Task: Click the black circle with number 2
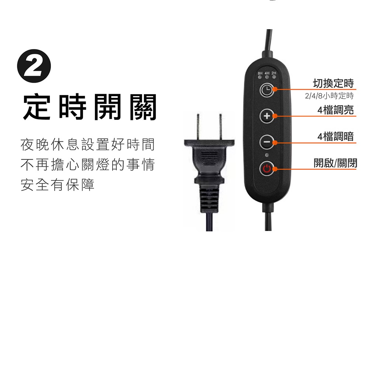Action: click(34, 66)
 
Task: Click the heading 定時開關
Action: click(90, 107)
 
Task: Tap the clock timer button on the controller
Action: click(267, 90)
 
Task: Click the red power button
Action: click(267, 169)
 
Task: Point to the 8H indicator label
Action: click(260, 73)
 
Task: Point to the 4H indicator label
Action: click(267, 73)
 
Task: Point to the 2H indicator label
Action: click(274, 73)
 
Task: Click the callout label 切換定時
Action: click(333, 83)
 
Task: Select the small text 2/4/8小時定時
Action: click(329, 96)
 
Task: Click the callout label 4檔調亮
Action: click(335, 110)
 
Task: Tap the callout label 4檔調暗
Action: click(335, 137)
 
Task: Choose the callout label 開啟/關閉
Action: click(335, 163)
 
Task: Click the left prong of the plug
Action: click(199, 127)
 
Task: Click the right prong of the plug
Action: click(221, 127)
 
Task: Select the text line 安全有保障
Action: click(58, 185)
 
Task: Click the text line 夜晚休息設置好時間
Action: click(88, 145)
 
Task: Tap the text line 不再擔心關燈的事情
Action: click(88, 165)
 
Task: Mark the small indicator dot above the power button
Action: click(267, 155)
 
